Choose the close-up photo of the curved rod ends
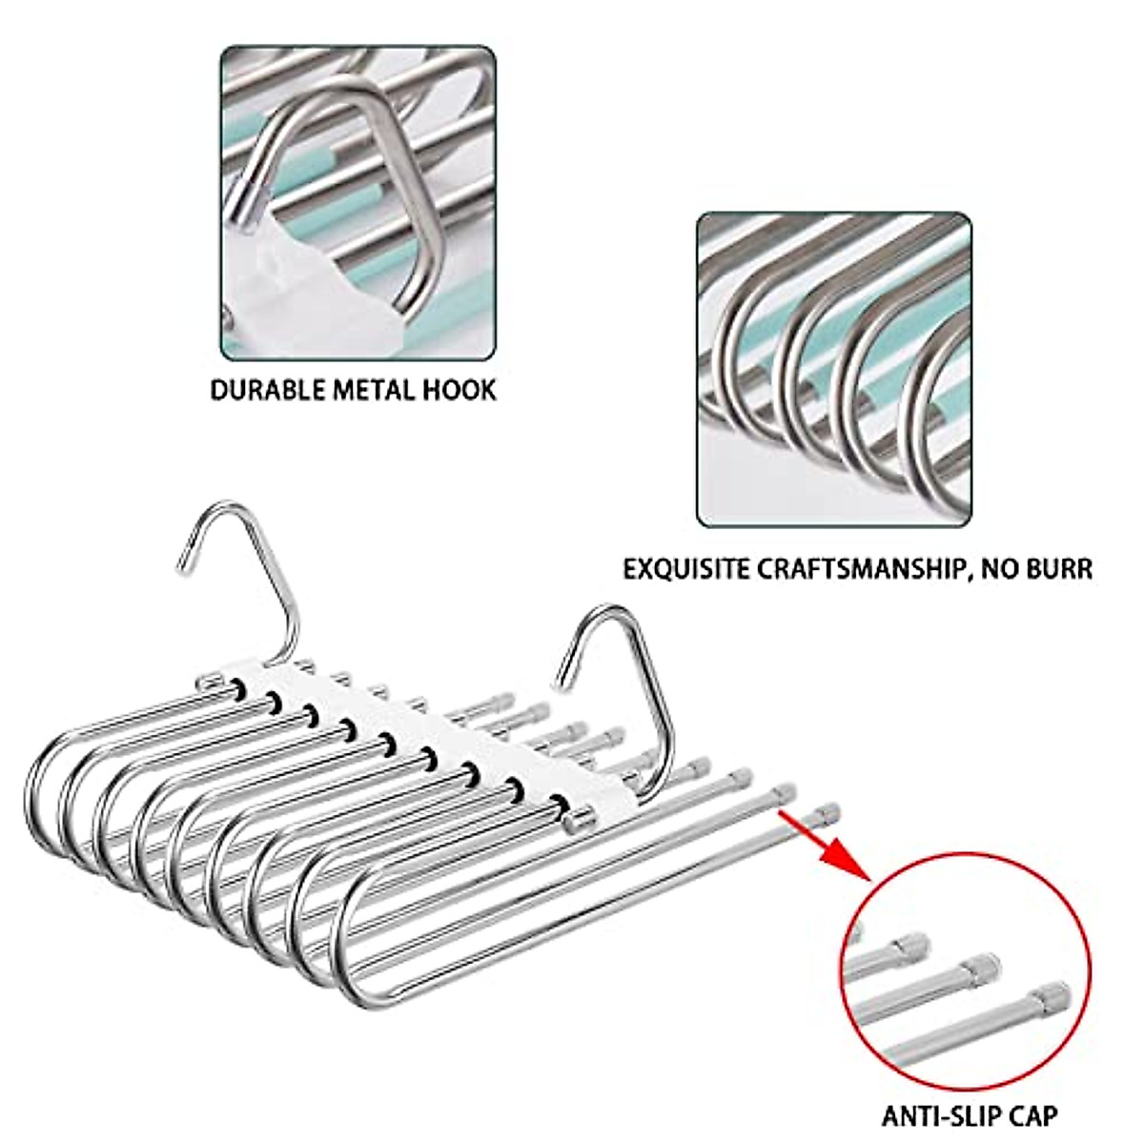[834, 370]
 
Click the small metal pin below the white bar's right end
[574, 820]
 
